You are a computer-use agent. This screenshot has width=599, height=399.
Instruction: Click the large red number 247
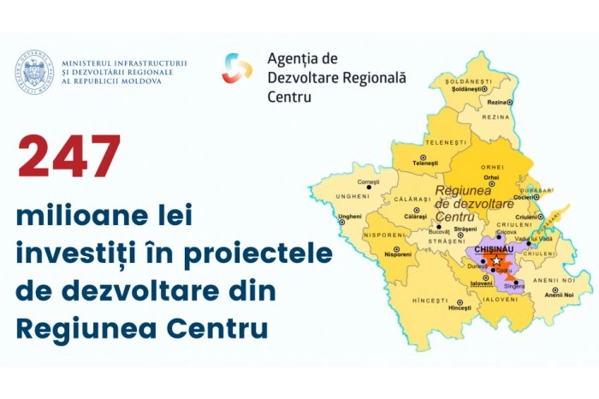69,158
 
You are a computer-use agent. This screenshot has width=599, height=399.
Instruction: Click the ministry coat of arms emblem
34,73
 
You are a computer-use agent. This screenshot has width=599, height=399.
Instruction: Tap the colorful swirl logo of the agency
237,68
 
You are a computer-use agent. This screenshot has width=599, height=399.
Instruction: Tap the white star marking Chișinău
496,260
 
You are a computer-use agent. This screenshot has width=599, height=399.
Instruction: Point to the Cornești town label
368,182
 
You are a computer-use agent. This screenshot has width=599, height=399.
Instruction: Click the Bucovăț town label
439,233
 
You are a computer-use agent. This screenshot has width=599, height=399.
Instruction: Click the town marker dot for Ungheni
341,222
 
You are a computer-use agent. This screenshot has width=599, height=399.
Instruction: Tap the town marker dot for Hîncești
459,300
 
